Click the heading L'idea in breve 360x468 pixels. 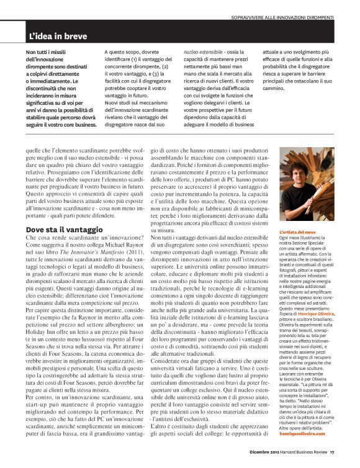point(57,37)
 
